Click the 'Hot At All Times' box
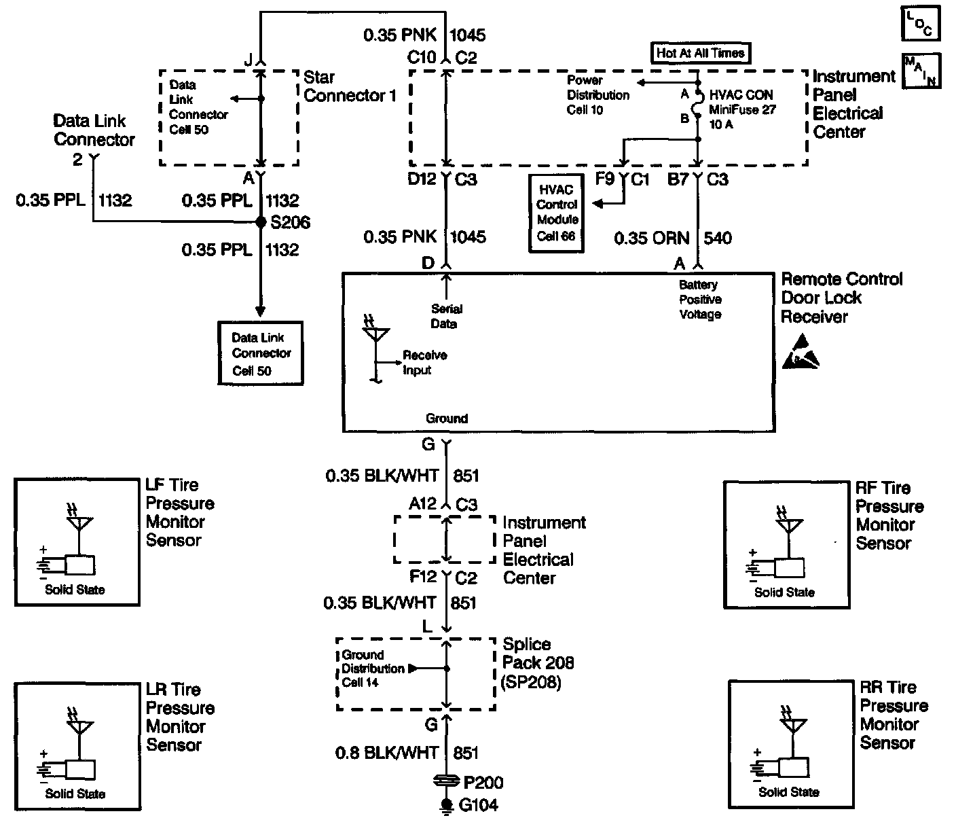701,53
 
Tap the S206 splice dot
261,221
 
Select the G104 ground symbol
446,806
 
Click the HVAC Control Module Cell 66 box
557,212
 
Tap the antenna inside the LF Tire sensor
79,522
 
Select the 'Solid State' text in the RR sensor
788,792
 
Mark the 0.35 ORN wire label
651,238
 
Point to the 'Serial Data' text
446,317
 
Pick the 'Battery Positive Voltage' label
700,300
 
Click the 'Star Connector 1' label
350,86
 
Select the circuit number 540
717,238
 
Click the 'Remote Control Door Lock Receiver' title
841,298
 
